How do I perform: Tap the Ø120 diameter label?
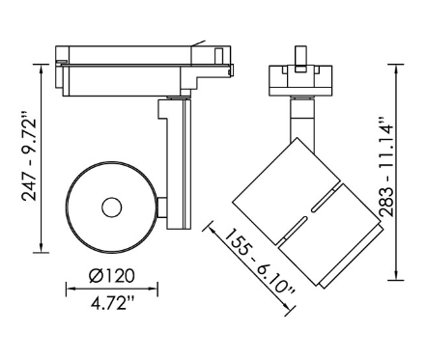point(111,276)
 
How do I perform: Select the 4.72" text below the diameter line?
point(112,303)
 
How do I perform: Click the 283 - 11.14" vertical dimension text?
point(386,167)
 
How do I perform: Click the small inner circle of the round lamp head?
point(112,208)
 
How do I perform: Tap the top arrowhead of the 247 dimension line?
point(42,69)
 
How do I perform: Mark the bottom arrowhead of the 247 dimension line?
point(42,247)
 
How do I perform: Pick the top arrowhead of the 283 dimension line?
point(396,69)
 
